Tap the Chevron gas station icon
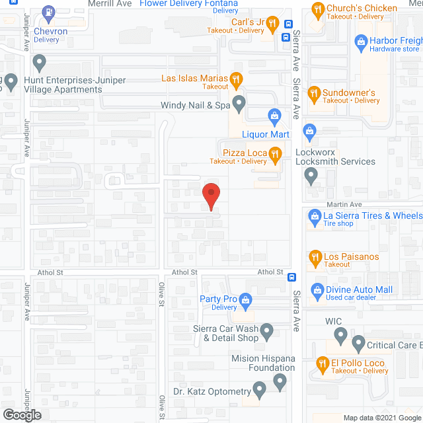48,13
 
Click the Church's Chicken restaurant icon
317,9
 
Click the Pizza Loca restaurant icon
276,155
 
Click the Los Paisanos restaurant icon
315,256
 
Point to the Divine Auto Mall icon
317,289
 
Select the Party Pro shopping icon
245,300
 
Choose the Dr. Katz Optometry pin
259,391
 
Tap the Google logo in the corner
20,415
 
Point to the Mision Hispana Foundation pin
280,381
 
